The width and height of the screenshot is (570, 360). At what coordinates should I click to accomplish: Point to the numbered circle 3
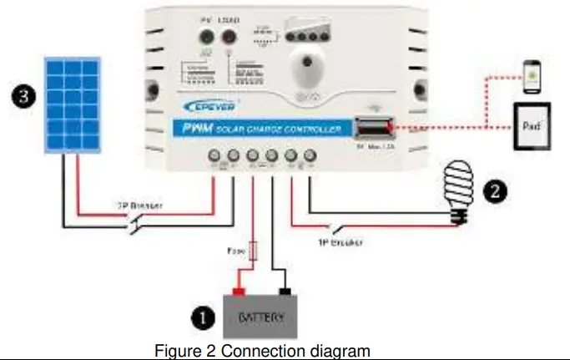click(x=27, y=97)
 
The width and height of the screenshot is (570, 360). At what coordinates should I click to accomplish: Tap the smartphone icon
click(x=532, y=77)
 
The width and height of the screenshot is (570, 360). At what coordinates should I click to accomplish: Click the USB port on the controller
click(x=370, y=128)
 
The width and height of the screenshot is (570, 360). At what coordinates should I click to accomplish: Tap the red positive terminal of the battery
click(x=238, y=292)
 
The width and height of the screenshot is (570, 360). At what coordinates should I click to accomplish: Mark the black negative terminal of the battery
click(x=285, y=292)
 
